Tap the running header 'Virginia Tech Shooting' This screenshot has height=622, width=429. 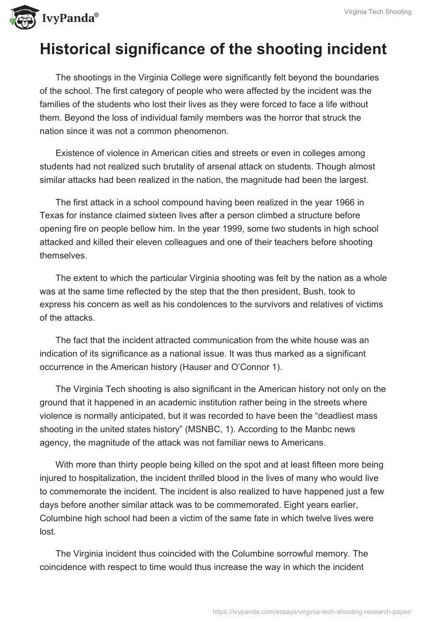point(378,12)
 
